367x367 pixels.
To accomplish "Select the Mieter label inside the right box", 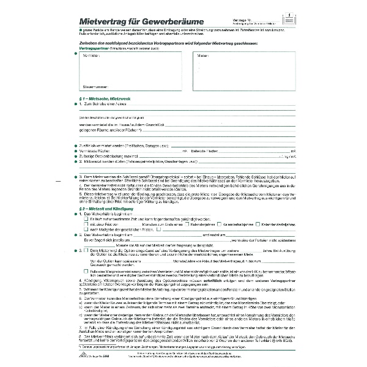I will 202,56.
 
